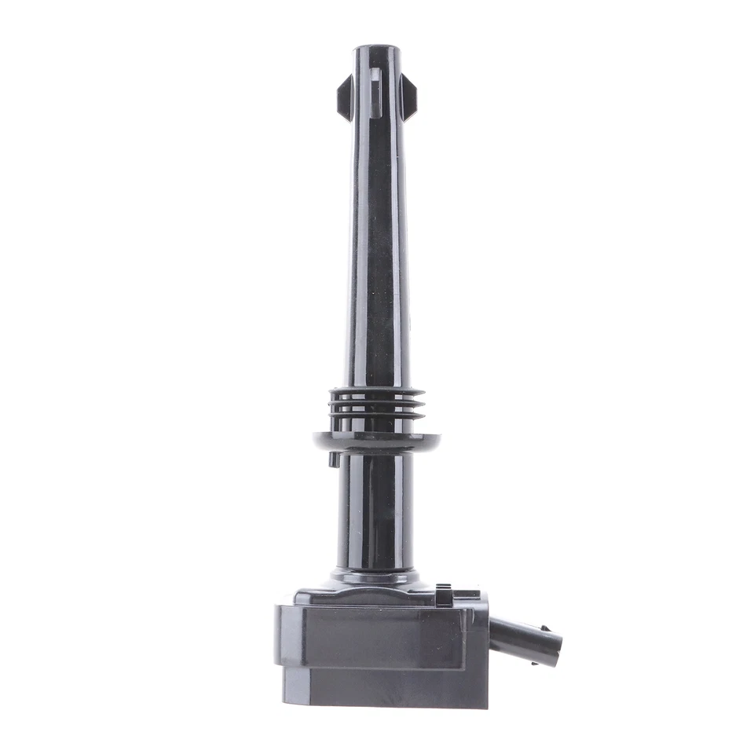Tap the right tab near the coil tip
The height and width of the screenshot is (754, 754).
[x=408, y=96]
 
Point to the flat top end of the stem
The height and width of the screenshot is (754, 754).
[x=377, y=48]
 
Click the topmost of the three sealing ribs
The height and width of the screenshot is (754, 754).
[x=377, y=393]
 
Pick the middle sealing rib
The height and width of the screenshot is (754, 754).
[x=377, y=404]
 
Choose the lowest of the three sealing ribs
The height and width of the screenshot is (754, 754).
[x=377, y=415]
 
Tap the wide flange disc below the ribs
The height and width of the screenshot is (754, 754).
[x=376, y=441]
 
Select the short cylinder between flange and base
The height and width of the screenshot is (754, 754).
[x=375, y=511]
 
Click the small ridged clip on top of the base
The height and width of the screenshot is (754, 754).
[x=445, y=595]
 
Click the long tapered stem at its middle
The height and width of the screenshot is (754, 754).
[x=376, y=236]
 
